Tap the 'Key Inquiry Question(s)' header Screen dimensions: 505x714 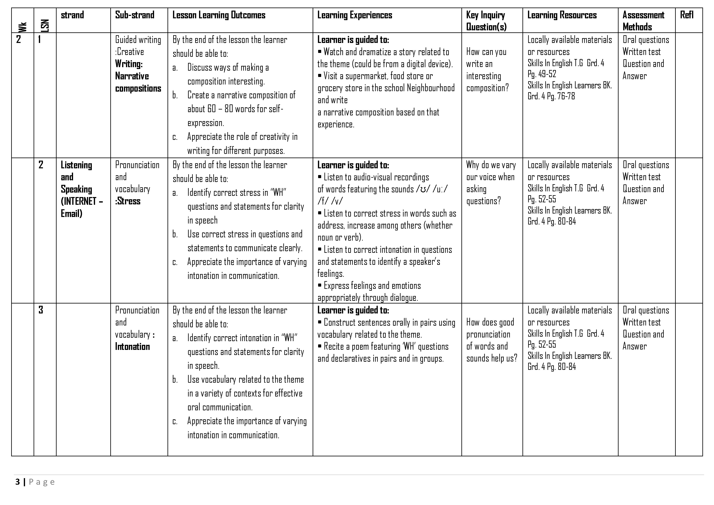tap(486, 21)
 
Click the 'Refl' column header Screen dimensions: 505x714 tap(687, 15)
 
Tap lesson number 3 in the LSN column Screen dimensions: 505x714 tap(41, 310)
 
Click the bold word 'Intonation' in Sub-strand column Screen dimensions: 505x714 tap(133, 346)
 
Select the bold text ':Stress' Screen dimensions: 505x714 tap(128, 201)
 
